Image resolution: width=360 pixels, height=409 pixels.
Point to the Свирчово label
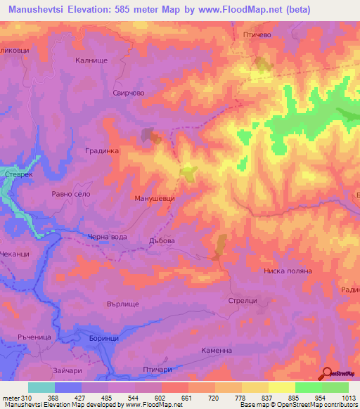[x=128, y=92]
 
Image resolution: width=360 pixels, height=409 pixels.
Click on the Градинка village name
[x=103, y=150]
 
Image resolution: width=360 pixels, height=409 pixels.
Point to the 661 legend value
[x=188, y=398]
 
